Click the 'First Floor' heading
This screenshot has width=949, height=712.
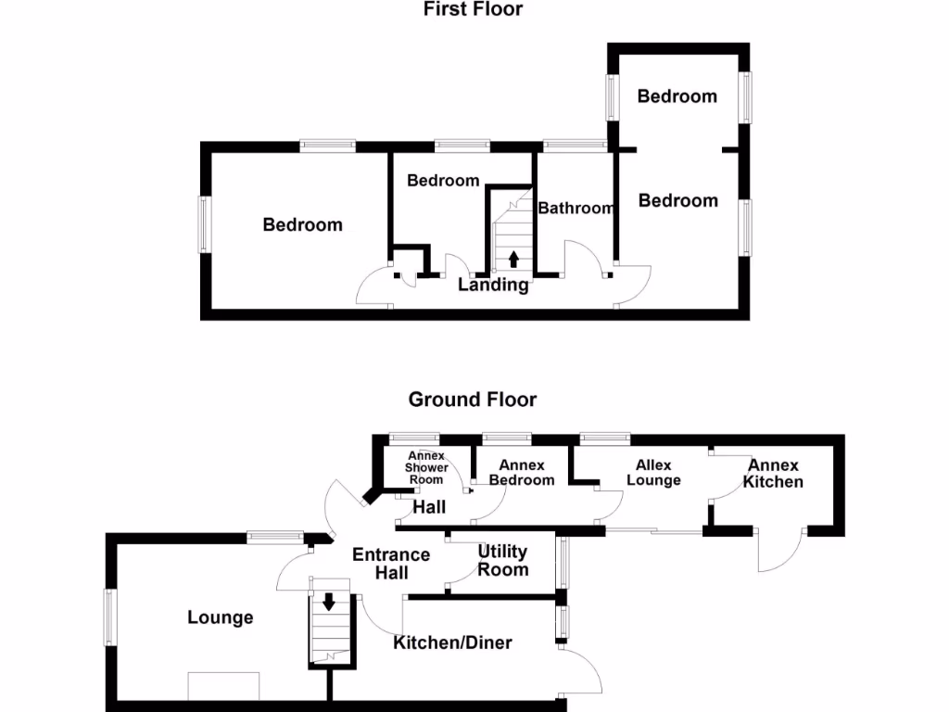click(x=473, y=10)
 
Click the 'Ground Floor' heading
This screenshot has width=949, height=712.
click(x=473, y=400)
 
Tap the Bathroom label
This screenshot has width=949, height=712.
click(x=576, y=209)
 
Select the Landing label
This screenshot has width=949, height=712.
click(x=493, y=286)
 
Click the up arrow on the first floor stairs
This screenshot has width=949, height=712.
click(x=513, y=259)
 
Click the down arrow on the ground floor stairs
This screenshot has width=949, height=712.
click(x=328, y=601)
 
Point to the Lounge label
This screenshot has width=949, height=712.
click(x=221, y=617)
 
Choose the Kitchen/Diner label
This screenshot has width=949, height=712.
click(x=452, y=642)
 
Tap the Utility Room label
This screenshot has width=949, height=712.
click(x=502, y=561)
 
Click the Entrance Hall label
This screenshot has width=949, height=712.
click(x=392, y=564)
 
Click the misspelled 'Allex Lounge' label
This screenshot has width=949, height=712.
click(x=652, y=473)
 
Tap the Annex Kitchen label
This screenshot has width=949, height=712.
click(x=773, y=473)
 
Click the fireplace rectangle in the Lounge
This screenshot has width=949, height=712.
click(x=224, y=686)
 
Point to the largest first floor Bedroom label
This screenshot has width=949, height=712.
click(x=302, y=224)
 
